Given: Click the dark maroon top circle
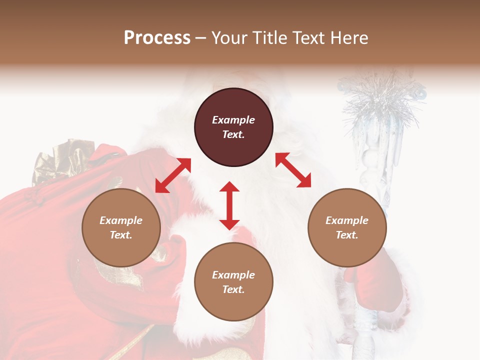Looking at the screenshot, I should [x=233, y=127].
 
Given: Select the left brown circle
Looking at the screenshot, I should [x=121, y=227].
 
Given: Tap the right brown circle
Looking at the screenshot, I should [x=347, y=227].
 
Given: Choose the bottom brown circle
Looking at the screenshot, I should [x=233, y=282].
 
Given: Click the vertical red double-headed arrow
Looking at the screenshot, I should [x=229, y=205].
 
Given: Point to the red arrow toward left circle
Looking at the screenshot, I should [x=173, y=175].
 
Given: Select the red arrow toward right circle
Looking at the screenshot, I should [x=293, y=170].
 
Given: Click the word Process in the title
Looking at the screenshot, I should [x=157, y=37].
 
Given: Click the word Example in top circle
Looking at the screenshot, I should [x=233, y=120].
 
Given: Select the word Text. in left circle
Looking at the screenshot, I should [x=121, y=235].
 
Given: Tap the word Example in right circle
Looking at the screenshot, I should [x=347, y=220].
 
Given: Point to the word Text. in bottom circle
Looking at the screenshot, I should [x=233, y=289].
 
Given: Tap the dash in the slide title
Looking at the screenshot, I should [x=201, y=38].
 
